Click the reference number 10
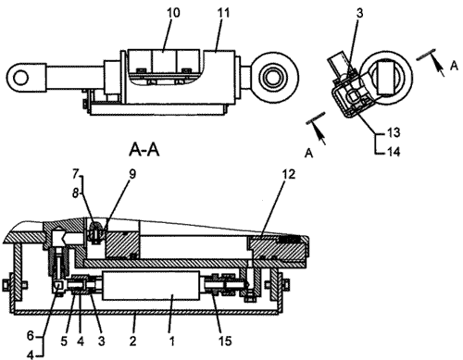point(173,13)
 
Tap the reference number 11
point(223,13)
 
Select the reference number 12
point(289,175)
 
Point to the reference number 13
point(394,132)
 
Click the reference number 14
point(394,152)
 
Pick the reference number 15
point(225,341)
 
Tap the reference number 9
point(132,174)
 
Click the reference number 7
point(76,174)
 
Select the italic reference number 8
point(76,193)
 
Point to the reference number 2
point(132,341)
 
